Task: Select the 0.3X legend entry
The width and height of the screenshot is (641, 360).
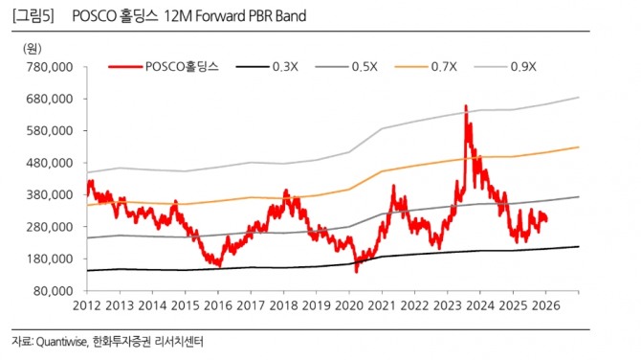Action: coord(283,66)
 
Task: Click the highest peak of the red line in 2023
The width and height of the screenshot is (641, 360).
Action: coord(465,105)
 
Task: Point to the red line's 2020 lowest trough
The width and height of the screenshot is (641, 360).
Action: coord(356,272)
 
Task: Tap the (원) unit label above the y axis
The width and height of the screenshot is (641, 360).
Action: coord(33,47)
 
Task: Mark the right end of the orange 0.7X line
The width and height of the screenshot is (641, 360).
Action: coord(579,146)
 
